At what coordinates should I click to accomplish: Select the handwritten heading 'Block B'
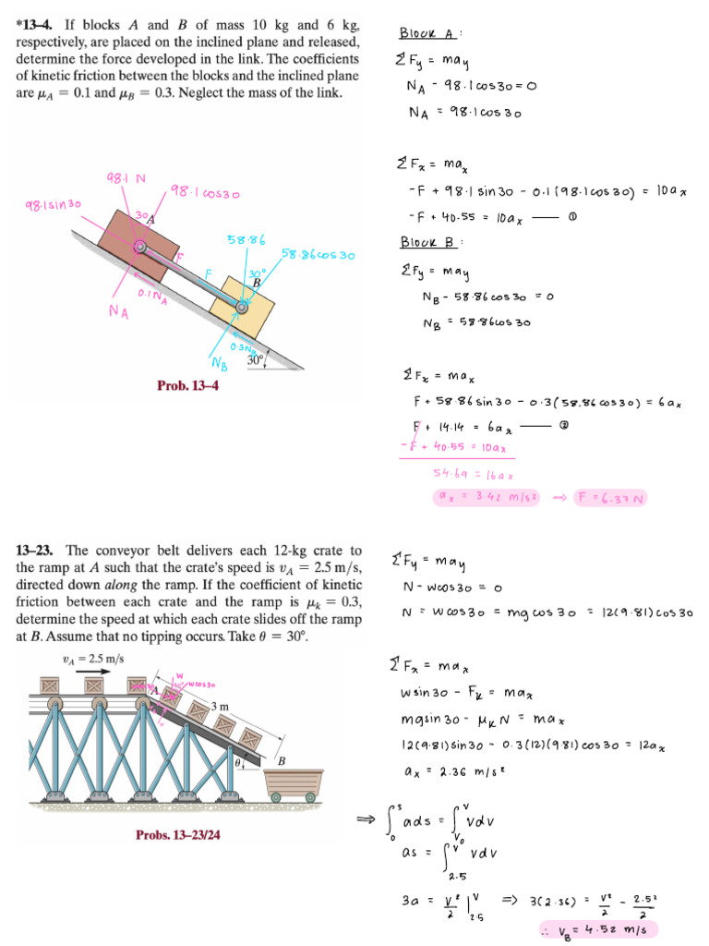[427, 243]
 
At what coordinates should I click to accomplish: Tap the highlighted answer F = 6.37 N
[609, 498]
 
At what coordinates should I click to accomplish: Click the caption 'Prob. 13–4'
[192, 385]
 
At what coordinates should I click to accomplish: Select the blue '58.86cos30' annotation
[318, 254]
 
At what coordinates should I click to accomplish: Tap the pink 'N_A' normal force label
[117, 312]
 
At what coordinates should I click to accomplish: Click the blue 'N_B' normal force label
[219, 361]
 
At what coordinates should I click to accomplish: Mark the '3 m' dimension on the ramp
[221, 707]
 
